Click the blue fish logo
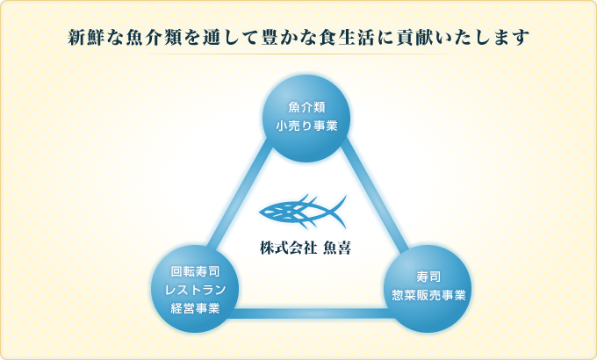303,212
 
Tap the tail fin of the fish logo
338,211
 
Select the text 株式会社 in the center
288,248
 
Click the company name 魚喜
337,248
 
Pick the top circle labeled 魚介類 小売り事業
306,118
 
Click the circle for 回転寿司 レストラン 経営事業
195,289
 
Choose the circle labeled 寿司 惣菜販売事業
428,289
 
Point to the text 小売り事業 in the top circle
306,126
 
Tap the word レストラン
195,290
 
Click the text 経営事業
195,308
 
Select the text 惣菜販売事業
428,295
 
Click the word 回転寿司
195,271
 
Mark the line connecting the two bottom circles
312,313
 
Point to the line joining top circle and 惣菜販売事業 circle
375,195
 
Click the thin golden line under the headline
298,54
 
